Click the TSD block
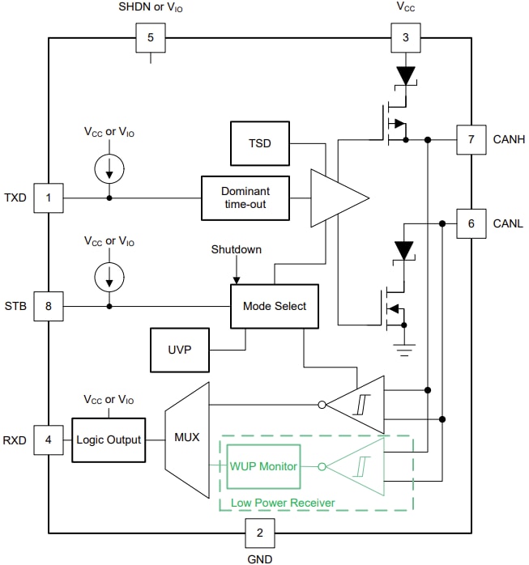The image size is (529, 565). pos(259,143)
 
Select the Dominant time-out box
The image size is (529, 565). pos(245,198)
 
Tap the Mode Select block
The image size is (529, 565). pos(275,306)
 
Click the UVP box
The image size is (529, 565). pos(179,350)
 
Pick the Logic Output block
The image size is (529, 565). pos(109,440)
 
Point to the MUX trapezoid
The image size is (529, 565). pos(186,440)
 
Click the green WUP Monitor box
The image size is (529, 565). pos(263,466)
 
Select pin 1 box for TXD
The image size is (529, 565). pos(48,198)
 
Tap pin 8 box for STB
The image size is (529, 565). pos(48,306)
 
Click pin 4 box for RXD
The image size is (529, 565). pos(48,440)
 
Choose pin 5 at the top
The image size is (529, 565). pos(150,37)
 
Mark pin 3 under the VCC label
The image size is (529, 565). pos(405,37)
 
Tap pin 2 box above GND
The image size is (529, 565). pos(259,533)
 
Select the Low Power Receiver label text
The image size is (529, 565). pos(283,503)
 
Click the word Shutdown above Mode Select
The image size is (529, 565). pos(236,249)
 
